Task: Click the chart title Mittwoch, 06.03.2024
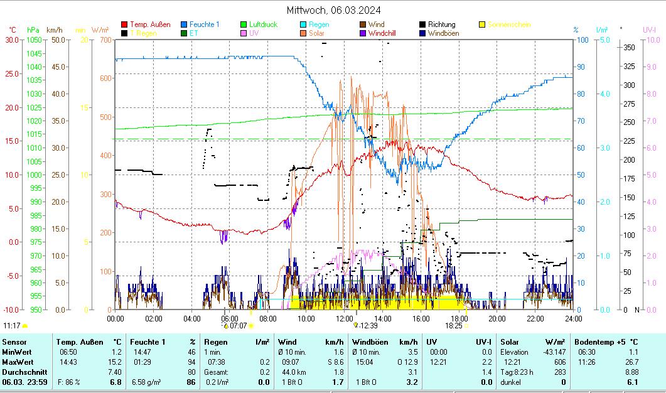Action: click(333, 10)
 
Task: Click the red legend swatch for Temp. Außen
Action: click(125, 24)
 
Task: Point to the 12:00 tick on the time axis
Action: click(345, 318)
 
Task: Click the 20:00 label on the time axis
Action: click(497, 318)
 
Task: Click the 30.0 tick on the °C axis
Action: click(13, 40)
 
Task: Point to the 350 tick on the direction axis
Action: click(628, 47)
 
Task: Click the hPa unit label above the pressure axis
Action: click(33, 30)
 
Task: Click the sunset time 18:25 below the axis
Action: click(453, 326)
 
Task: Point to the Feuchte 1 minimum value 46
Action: click(191, 352)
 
